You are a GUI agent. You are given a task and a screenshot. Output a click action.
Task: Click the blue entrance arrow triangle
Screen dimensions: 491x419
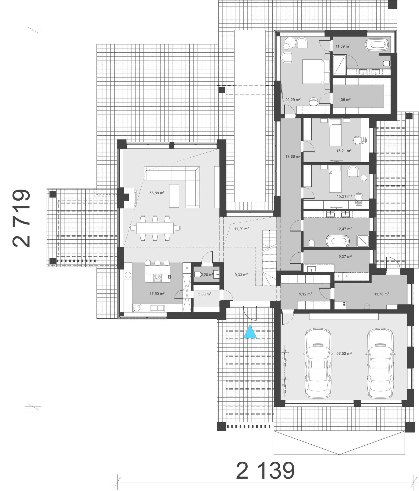[250, 332]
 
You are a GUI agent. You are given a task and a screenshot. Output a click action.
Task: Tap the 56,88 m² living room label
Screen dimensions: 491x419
[157, 193]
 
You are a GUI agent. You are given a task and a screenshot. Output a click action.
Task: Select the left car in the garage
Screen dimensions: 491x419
[317, 364]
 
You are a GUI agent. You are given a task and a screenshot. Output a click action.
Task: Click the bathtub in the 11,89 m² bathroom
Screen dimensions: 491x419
[377, 45]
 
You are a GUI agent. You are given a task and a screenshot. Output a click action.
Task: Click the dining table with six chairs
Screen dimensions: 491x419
[155, 228]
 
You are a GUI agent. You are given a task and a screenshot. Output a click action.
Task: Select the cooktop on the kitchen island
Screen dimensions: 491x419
[157, 278]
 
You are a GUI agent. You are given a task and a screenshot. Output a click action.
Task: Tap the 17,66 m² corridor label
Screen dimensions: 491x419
[293, 157]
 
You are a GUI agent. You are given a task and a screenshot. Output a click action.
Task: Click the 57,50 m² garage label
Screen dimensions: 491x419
[344, 354]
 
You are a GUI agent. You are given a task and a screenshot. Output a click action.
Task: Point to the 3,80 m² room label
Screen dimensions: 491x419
[205, 294]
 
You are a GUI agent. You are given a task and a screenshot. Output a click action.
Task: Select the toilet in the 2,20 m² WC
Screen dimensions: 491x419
[197, 274]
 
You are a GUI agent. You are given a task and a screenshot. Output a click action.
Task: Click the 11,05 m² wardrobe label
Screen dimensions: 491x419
[343, 100]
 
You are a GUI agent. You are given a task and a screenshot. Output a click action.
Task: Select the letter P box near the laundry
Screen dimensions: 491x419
[338, 276]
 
